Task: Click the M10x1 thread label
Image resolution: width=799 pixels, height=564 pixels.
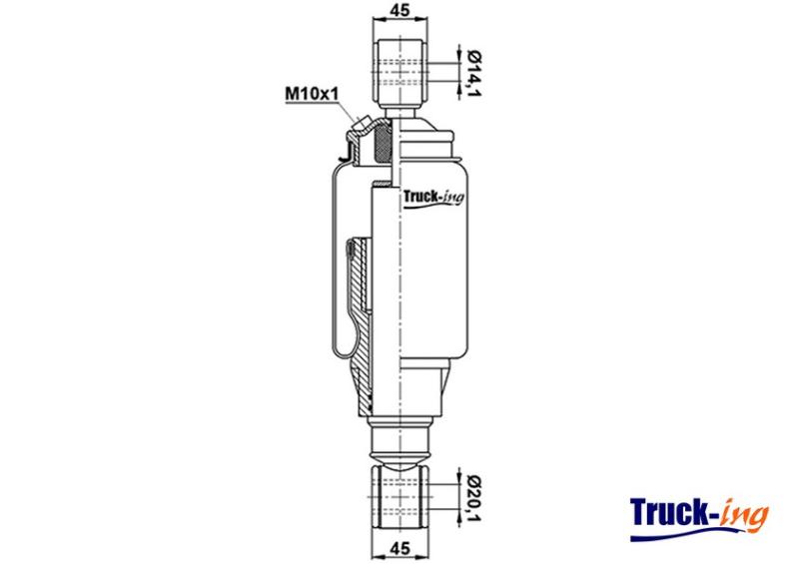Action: pos(312,94)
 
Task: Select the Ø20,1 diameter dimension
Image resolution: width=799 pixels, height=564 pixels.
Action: pos(474,498)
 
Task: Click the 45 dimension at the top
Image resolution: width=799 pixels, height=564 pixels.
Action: pos(400,10)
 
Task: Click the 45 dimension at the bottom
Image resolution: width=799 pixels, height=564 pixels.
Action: pos(400,549)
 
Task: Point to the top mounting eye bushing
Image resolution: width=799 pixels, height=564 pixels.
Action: pos(400,72)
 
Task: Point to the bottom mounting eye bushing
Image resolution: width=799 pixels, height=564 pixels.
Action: pos(400,498)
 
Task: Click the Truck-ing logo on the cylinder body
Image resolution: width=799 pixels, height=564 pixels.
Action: pos(433,198)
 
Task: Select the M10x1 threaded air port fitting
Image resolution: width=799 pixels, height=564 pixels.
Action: pos(361,124)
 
